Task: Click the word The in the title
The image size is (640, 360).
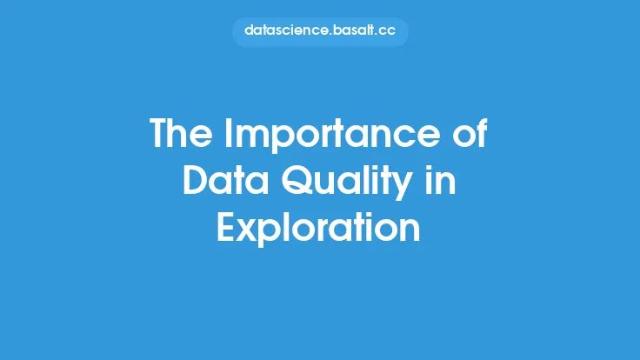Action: (x=181, y=133)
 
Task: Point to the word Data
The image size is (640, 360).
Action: (x=225, y=180)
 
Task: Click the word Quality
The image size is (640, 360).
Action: (x=347, y=183)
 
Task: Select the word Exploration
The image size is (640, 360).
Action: (x=318, y=230)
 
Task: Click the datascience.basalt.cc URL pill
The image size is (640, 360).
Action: (x=320, y=31)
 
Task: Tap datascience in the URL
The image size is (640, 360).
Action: (x=285, y=30)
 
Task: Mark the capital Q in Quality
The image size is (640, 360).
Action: (x=297, y=181)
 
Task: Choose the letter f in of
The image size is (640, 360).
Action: (x=482, y=133)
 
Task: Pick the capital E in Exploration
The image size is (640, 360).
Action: (x=226, y=228)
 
